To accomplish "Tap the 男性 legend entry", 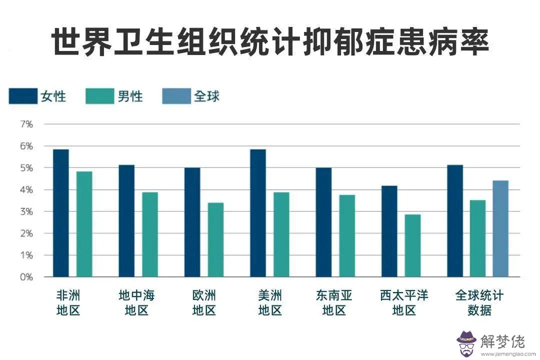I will [x=114, y=96].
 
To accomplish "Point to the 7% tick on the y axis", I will [x=26, y=124].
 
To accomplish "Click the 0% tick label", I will [x=26, y=277].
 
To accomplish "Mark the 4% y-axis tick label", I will [x=26, y=190].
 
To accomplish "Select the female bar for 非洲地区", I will [x=61, y=213].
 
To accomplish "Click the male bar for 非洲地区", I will [x=84, y=224].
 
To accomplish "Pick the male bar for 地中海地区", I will [x=149, y=234].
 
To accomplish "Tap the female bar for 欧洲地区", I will [x=192, y=222].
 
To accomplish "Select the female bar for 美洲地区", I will [x=257, y=213].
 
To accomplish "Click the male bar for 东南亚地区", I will [x=346, y=235].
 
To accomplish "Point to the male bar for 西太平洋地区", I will [x=412, y=245].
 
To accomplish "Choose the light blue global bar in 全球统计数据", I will [x=500, y=228].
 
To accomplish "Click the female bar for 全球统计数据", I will [x=454, y=220].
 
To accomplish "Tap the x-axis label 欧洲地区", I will [x=204, y=302].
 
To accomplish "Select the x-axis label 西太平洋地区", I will [x=404, y=302].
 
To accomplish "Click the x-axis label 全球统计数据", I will [x=479, y=302].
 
